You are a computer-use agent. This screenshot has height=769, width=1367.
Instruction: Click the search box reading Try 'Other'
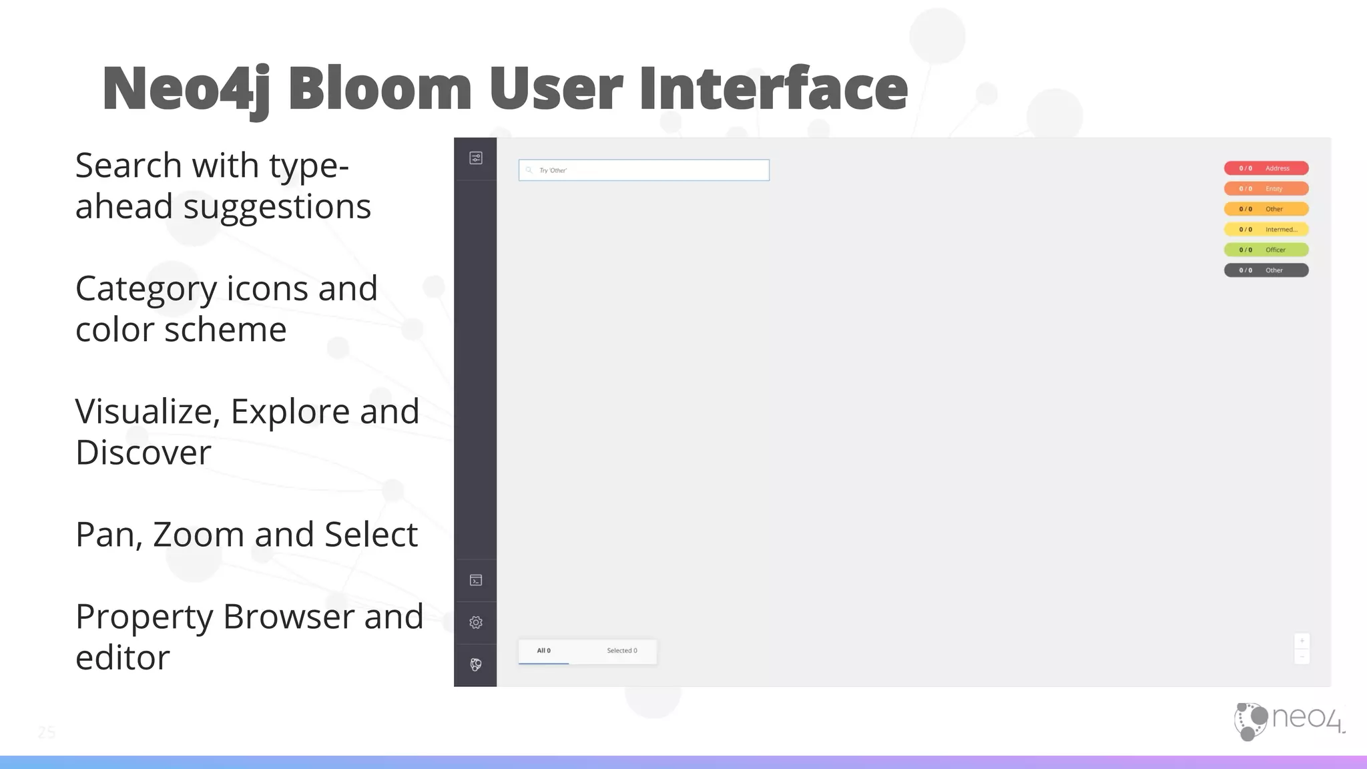tap(643, 170)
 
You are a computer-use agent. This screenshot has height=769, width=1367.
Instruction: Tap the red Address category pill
tap(1266, 168)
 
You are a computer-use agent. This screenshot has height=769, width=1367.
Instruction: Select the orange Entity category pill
tap(1266, 189)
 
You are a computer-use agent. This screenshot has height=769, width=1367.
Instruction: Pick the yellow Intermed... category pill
tap(1266, 230)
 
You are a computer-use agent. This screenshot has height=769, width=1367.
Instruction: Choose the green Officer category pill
tap(1266, 250)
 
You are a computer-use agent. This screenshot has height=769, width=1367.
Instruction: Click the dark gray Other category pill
tap(1266, 270)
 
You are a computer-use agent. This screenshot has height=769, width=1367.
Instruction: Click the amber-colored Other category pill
tap(1266, 209)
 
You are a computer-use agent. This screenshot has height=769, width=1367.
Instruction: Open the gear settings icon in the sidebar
tap(476, 622)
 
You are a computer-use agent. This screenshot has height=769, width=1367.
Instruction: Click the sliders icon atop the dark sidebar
tap(476, 158)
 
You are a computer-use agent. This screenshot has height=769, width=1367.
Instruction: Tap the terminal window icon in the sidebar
tap(476, 580)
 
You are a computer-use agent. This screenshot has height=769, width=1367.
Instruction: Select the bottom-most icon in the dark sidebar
tap(476, 665)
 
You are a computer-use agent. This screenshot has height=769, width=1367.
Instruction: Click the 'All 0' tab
tap(544, 651)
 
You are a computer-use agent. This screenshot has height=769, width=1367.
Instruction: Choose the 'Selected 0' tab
tap(621, 651)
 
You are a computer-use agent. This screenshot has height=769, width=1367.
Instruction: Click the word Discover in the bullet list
tap(143, 453)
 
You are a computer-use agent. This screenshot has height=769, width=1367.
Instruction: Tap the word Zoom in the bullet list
tap(199, 535)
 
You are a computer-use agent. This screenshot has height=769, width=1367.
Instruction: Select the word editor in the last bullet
tap(122, 658)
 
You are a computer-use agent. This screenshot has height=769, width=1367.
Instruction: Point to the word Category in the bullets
tap(146, 289)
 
